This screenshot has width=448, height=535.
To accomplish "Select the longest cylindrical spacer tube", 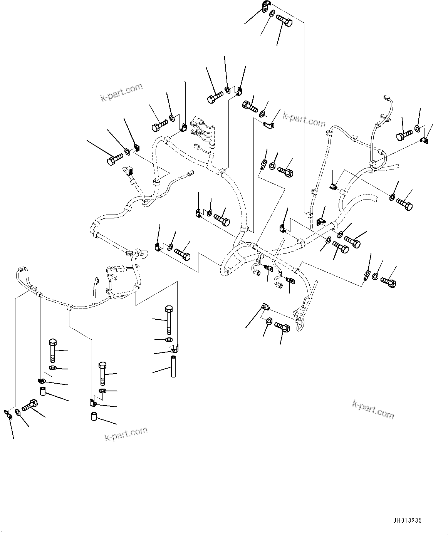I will [173, 367].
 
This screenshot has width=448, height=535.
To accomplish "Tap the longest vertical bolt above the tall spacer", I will [168, 319].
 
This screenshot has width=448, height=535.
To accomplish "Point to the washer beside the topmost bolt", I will [272, 14].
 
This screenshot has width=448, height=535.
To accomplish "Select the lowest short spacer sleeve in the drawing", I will [93, 417].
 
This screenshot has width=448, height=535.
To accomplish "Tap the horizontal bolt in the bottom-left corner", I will [30, 406].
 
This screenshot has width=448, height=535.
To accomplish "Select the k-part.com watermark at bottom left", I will [126, 434].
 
